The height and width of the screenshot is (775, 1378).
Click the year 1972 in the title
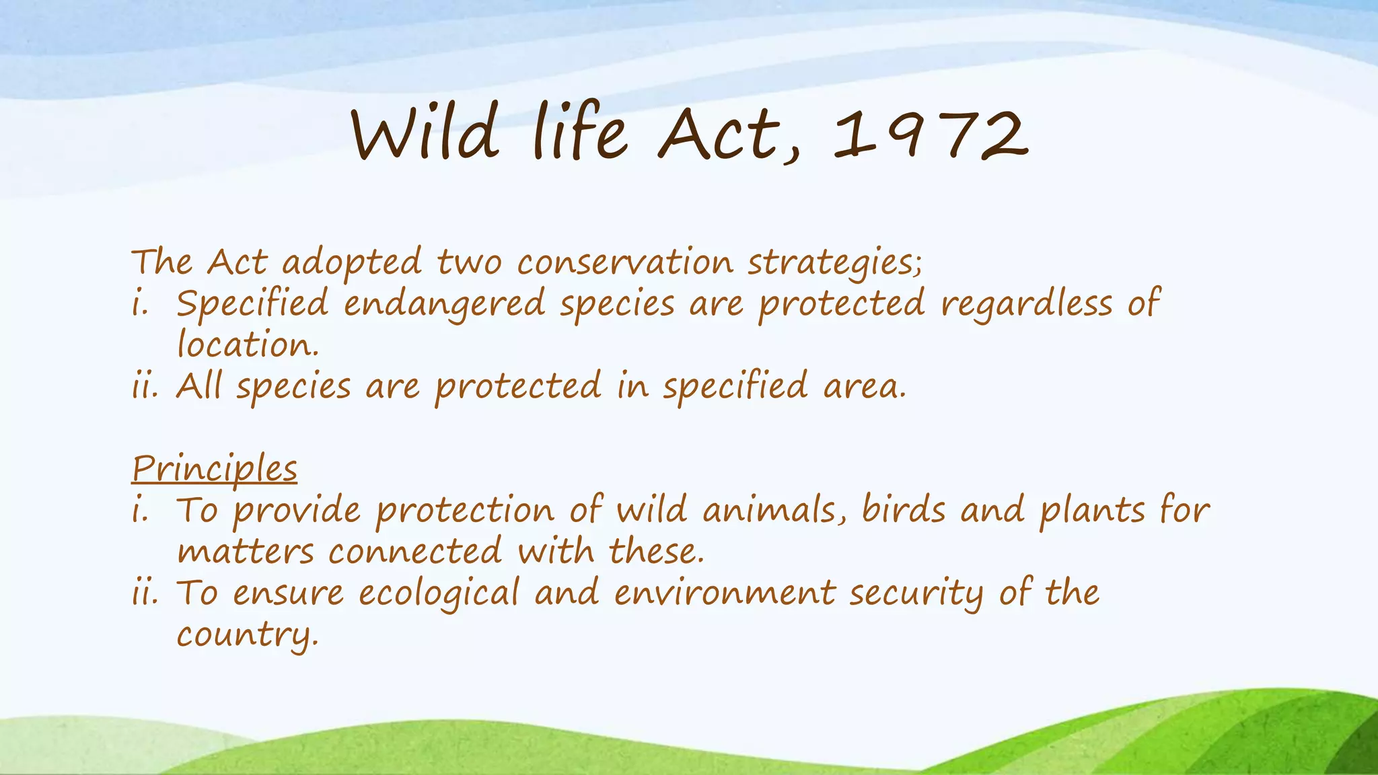click(931, 137)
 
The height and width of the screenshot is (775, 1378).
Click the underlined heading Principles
click(214, 469)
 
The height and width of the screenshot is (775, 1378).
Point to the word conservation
click(625, 262)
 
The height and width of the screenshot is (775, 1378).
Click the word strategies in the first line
click(834, 263)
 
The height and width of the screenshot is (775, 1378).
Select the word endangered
click(444, 304)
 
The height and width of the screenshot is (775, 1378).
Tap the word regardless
click(1027, 304)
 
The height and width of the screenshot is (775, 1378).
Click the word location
click(247, 345)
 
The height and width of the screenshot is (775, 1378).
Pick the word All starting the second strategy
click(198, 386)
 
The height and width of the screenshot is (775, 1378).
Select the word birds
click(904, 510)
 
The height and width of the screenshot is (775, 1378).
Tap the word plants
click(1092, 511)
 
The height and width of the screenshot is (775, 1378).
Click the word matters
click(246, 552)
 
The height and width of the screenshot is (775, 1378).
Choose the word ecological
click(439, 594)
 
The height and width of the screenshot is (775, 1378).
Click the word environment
click(724, 593)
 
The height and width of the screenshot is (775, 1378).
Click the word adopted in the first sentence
click(352, 263)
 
